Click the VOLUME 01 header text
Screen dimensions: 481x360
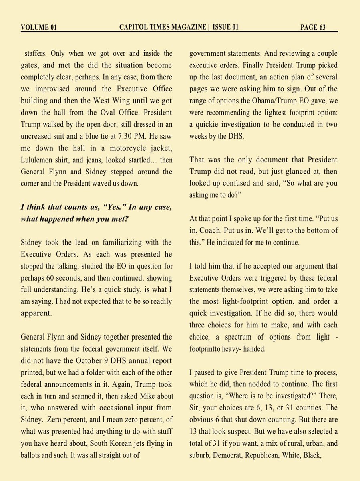pos(38,27)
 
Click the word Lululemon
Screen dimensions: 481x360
pos(42,160)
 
